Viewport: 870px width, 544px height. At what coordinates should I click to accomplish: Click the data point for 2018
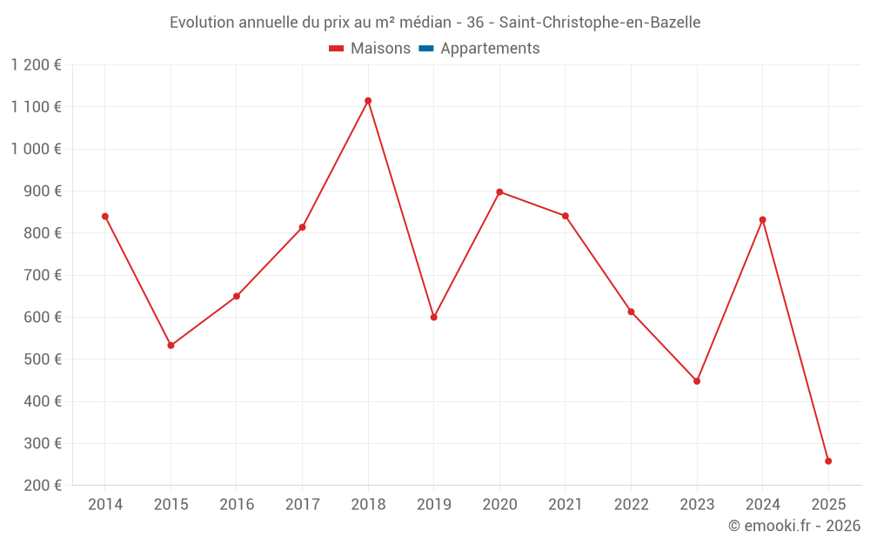pyautogui.click(x=368, y=101)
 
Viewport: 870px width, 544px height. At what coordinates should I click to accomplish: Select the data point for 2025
pyautogui.click(x=828, y=461)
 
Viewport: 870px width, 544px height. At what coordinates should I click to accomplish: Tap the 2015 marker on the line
pyautogui.click(x=171, y=346)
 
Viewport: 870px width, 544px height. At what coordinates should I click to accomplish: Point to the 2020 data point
pyautogui.click(x=499, y=191)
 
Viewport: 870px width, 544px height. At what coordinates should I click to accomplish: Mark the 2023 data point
pyautogui.click(x=697, y=381)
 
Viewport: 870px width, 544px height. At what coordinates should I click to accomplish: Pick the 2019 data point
pyautogui.click(x=434, y=317)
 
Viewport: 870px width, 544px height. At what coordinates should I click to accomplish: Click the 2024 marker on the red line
pyautogui.click(x=763, y=219)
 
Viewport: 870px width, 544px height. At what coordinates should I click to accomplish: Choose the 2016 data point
pyautogui.click(x=237, y=297)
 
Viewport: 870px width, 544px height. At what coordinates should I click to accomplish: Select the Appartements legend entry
pyautogui.click(x=490, y=49)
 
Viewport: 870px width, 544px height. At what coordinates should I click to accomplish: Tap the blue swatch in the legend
pyautogui.click(x=425, y=49)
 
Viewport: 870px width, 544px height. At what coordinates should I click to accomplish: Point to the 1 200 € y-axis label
pyautogui.click(x=37, y=65)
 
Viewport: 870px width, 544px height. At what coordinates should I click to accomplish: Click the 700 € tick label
pyautogui.click(x=43, y=275)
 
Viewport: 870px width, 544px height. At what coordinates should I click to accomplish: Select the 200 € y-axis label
pyautogui.click(x=43, y=486)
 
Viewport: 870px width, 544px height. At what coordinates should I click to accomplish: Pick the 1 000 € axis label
pyautogui.click(x=37, y=149)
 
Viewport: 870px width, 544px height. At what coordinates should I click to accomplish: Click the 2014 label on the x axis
pyautogui.click(x=105, y=505)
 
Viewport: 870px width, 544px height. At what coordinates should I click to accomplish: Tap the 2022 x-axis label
pyautogui.click(x=632, y=505)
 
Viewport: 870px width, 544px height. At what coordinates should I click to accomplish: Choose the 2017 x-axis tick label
pyautogui.click(x=302, y=505)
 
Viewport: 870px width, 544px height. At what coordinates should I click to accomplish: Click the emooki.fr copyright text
pyautogui.click(x=794, y=526)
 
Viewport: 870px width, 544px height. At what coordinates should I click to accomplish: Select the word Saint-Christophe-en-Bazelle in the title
pyautogui.click(x=599, y=23)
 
